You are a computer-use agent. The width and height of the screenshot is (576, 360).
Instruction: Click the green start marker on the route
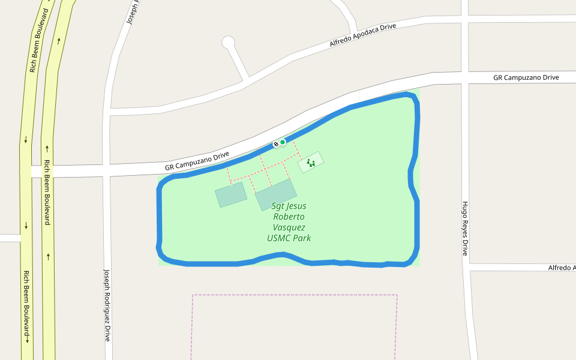[283, 142]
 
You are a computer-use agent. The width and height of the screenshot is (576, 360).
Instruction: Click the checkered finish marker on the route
[276, 144]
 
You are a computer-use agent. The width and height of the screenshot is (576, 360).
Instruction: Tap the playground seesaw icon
[311, 162]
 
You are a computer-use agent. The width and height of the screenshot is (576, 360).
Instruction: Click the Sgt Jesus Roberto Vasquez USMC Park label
[289, 222]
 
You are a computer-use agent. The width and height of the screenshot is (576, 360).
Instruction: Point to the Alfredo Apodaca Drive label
[362, 36]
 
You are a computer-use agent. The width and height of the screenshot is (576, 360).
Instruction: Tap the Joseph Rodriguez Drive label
[107, 305]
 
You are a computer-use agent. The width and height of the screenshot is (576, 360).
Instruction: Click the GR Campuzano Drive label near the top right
[526, 77]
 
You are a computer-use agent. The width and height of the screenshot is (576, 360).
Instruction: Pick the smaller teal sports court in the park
[231, 194]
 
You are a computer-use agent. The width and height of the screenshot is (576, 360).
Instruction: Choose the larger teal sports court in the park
[276, 194]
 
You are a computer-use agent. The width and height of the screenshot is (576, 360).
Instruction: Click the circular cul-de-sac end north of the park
[228, 42]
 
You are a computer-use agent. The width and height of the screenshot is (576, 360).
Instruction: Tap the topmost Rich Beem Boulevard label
[39, 41]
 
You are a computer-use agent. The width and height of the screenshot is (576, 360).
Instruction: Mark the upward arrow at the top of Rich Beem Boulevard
[59, 41]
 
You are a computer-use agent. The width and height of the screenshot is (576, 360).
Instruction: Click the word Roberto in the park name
[289, 217]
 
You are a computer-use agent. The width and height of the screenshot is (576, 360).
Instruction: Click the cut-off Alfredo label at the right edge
[562, 267]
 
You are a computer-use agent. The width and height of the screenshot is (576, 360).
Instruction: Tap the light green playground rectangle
[311, 162]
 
